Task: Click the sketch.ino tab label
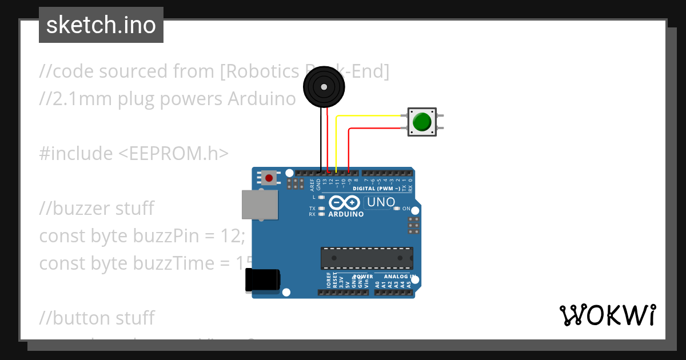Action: tap(101, 25)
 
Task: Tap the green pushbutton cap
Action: tap(421, 122)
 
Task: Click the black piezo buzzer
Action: tap(324, 87)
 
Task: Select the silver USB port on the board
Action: tap(261, 205)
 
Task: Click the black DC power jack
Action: tap(262, 280)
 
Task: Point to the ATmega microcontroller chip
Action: tap(366, 258)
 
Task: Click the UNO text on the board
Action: tap(381, 202)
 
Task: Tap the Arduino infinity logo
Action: tap(345, 203)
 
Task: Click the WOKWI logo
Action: tap(607, 315)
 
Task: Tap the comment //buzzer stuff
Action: tap(97, 209)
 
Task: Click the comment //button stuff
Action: tap(97, 318)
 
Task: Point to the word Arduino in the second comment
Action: tap(262, 99)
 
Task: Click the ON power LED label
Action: tap(406, 209)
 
